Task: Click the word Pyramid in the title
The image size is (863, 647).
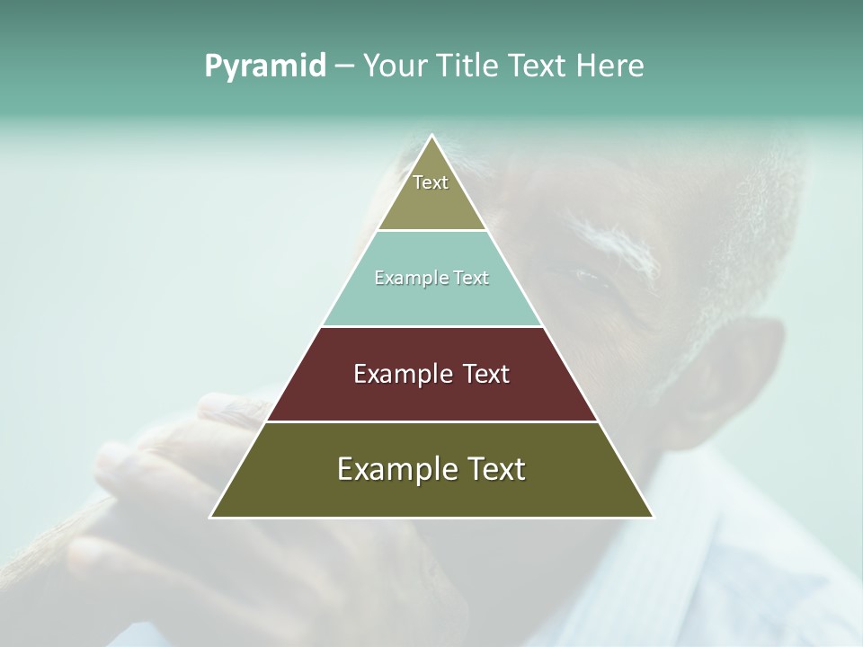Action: [264, 66]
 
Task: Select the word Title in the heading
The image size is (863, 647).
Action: [469, 66]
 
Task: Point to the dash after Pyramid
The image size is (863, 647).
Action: [343, 66]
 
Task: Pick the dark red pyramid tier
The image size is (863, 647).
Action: [431, 395]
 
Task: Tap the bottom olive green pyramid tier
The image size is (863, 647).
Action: [431, 494]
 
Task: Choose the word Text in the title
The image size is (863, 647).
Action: [538, 66]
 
